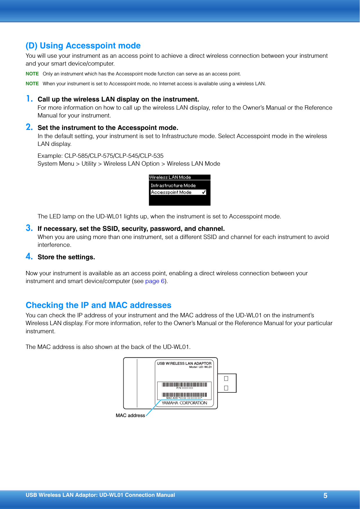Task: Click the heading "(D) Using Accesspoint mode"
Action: pos(83,46)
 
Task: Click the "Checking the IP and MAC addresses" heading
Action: pos(98,305)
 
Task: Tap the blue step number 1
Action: pos(29,99)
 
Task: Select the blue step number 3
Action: pos(29,228)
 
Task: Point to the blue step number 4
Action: pos(29,256)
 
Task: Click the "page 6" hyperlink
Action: pos(155,281)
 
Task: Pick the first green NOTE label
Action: pos(32,74)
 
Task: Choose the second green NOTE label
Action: pos(32,84)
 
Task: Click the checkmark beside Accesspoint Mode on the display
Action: pos(204,192)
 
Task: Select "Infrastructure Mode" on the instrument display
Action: pos(173,185)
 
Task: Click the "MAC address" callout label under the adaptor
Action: pos(130,415)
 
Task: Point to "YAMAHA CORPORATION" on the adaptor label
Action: pos(184,403)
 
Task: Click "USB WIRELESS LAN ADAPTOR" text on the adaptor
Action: pos(184,363)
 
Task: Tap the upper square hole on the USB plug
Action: pos(226,378)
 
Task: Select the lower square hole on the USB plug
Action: pos(226,388)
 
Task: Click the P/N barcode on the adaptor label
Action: pos(184,385)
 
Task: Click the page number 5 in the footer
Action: pos(325,496)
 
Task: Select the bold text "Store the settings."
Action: pos(66,257)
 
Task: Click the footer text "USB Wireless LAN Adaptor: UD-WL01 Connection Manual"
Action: pos(100,495)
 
